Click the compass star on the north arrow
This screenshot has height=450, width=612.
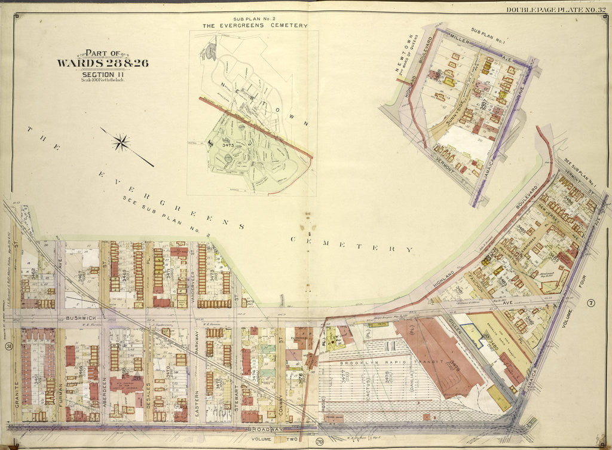pos(122,142)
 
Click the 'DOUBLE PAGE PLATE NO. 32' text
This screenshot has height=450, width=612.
pos(556,10)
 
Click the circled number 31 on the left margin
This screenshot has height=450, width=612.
pos(10,347)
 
